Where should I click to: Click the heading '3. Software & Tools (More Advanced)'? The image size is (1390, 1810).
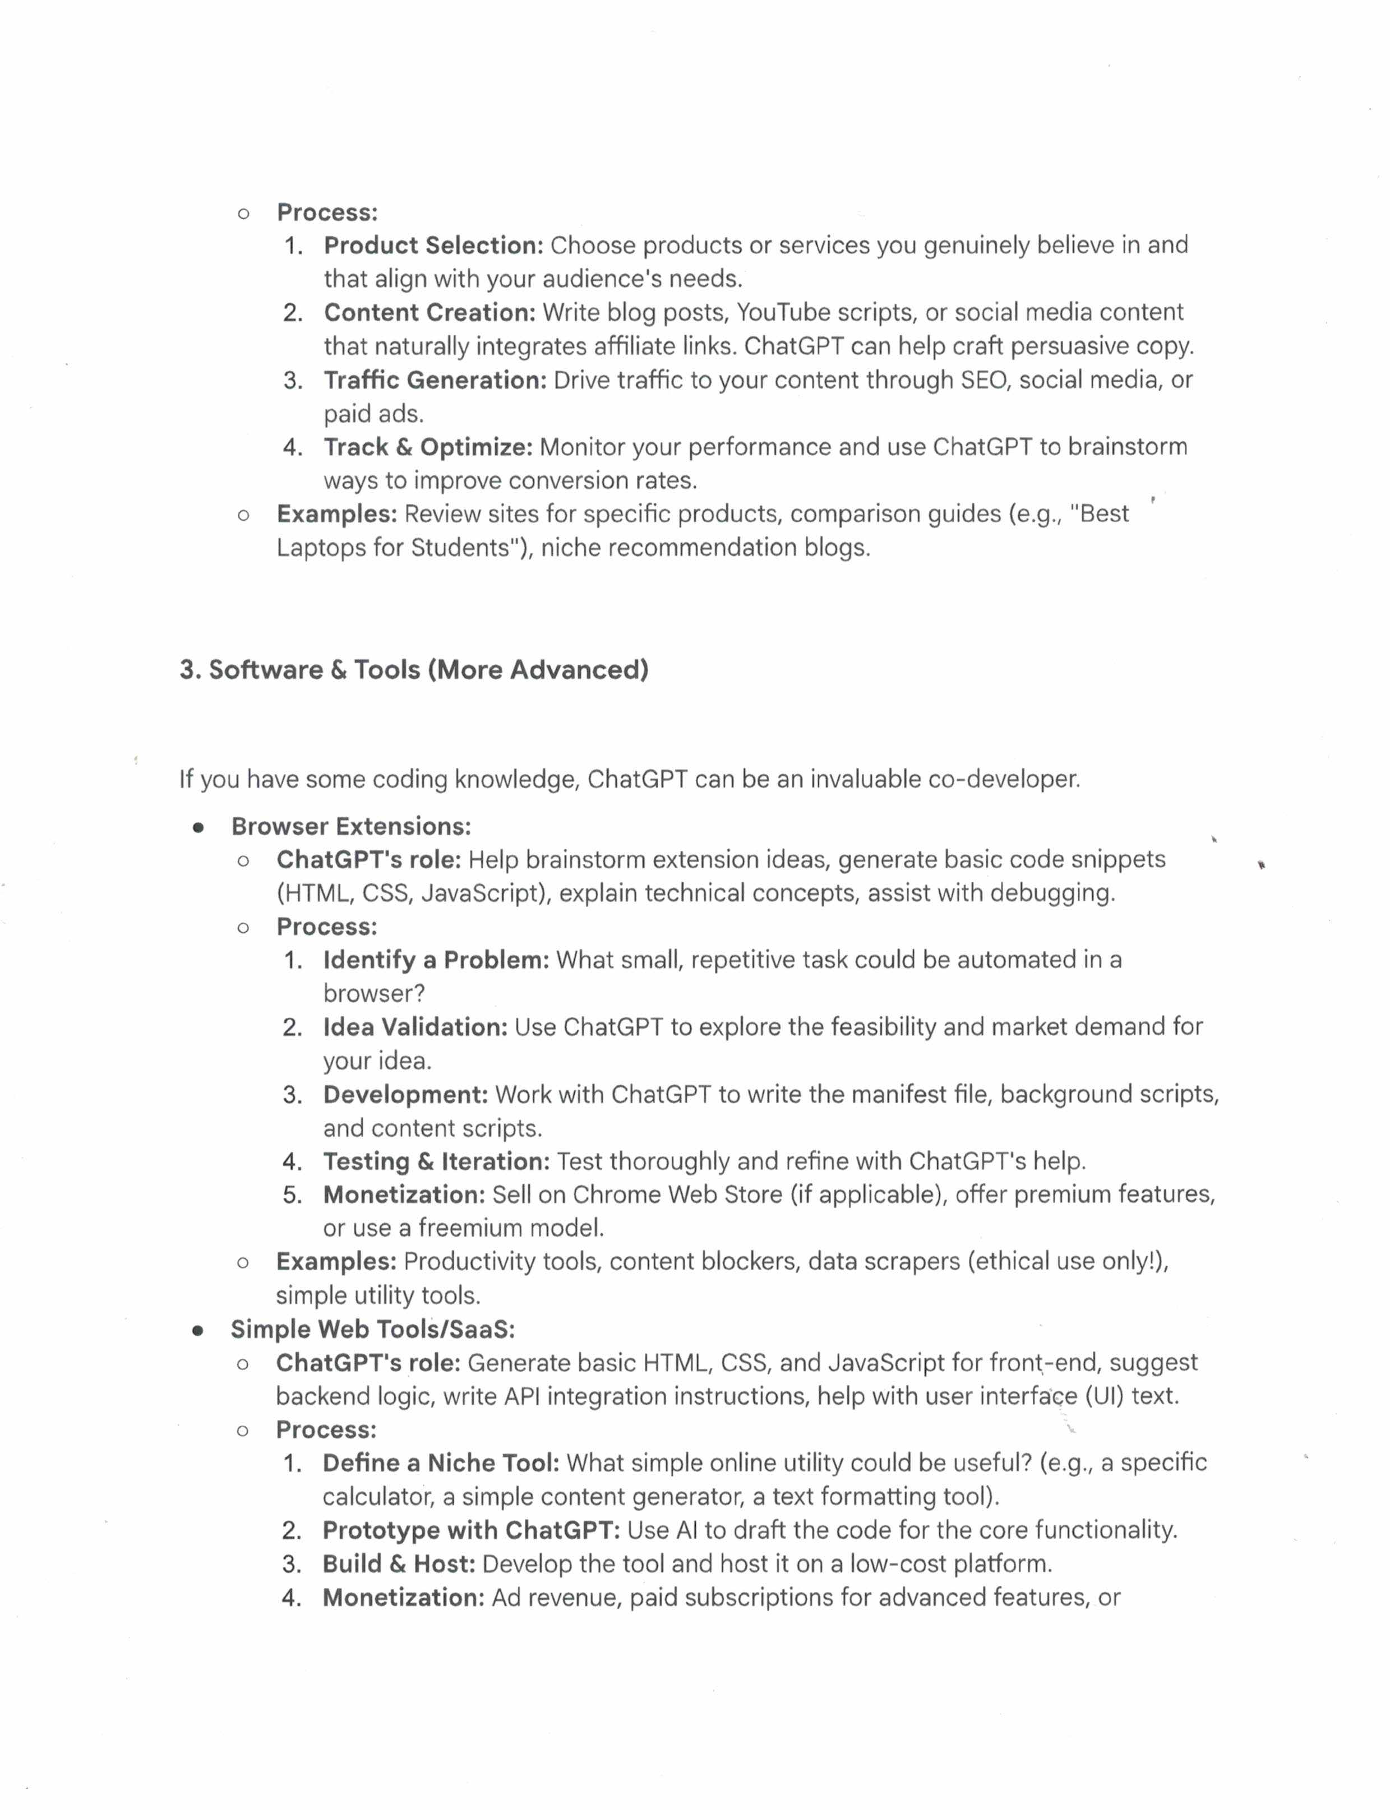tap(414, 669)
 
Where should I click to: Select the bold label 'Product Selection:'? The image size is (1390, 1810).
tap(433, 245)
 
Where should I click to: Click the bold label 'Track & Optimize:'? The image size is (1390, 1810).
tap(428, 447)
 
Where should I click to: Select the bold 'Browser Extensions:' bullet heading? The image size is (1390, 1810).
tap(351, 826)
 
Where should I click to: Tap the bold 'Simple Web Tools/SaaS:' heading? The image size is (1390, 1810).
tap(372, 1330)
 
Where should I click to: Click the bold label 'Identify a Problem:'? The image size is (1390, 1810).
tap(436, 960)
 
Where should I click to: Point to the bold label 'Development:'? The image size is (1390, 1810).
tap(405, 1094)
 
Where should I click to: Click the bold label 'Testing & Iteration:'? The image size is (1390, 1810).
tap(436, 1161)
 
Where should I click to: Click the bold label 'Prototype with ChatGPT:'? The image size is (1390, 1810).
tap(471, 1530)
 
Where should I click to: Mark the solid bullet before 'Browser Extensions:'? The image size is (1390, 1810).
tap(198, 827)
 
